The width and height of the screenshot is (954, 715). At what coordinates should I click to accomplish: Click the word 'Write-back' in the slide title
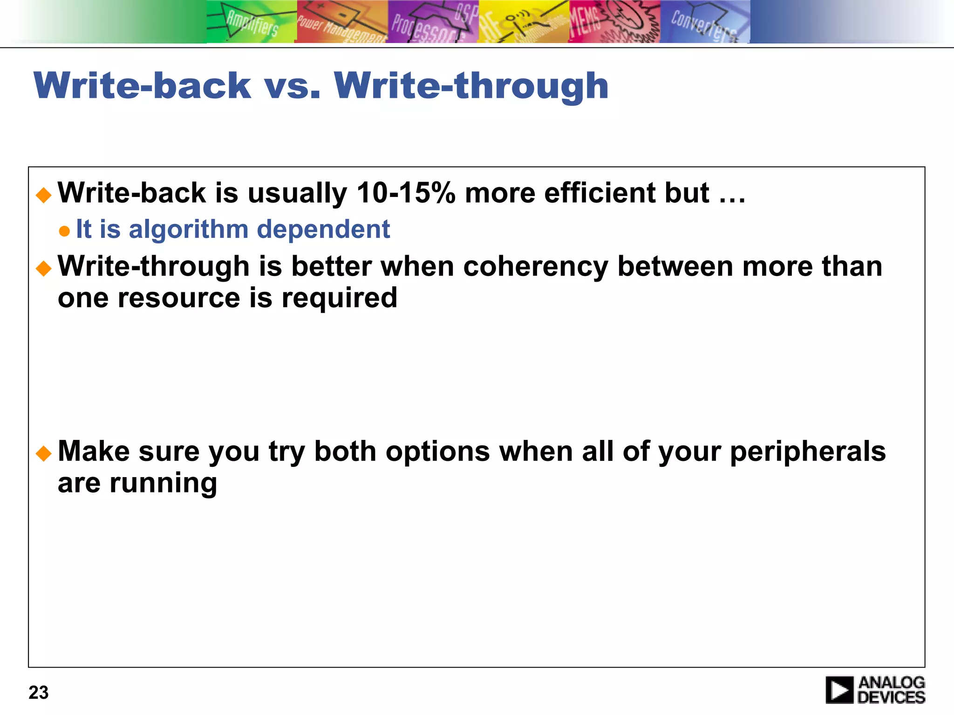coord(142,86)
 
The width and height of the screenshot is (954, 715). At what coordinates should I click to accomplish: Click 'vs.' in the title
coord(293,86)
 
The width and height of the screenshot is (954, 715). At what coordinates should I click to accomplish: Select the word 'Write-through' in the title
coord(471,87)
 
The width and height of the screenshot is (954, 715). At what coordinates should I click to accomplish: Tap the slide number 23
coord(39,693)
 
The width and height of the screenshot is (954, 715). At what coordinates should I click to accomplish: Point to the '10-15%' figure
coord(406,193)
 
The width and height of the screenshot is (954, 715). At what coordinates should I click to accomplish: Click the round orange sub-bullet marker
coord(65,231)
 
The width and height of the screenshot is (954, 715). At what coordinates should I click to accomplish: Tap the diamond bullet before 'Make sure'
coord(44,453)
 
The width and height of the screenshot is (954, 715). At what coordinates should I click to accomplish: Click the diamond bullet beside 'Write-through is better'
coord(44,268)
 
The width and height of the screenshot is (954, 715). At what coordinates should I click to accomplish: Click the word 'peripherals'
coord(808,452)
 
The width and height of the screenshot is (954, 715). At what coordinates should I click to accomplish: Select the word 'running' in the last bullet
coord(163,484)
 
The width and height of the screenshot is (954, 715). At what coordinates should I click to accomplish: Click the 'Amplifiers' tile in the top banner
coord(252,21)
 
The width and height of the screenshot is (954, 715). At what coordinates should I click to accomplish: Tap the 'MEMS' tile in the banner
coord(614,21)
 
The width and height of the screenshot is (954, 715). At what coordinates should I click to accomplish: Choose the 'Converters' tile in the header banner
coord(704,21)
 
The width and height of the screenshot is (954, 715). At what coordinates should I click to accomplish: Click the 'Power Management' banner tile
coord(342,21)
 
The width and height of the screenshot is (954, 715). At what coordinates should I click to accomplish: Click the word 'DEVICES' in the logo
coord(891,697)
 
